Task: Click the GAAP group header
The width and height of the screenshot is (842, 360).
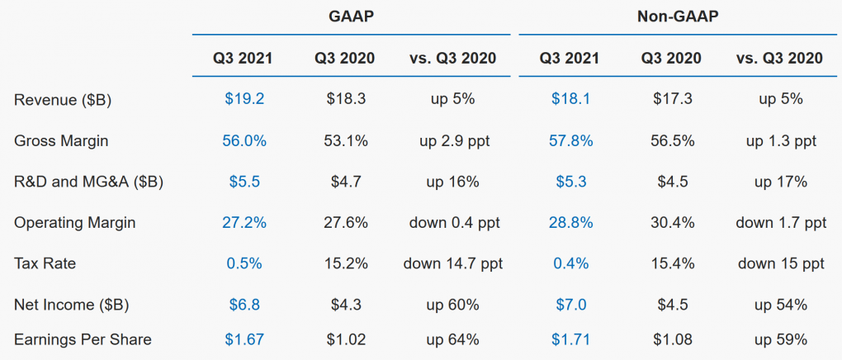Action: click(351, 17)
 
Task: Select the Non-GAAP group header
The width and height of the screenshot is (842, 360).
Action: click(678, 17)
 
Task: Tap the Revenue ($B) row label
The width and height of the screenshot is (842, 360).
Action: click(63, 100)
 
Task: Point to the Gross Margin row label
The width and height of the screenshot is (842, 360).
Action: click(61, 141)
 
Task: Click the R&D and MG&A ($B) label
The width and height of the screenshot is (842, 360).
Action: click(88, 182)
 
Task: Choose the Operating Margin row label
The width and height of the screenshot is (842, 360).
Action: click(74, 223)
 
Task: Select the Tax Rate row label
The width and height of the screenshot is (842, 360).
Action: click(45, 264)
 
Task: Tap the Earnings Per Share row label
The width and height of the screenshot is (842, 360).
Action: click(83, 339)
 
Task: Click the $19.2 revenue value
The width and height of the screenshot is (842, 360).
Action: click(244, 99)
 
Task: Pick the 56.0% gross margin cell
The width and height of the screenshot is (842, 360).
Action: click(244, 140)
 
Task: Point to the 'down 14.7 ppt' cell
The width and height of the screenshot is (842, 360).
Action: click(453, 264)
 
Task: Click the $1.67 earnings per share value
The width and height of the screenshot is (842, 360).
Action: click(244, 339)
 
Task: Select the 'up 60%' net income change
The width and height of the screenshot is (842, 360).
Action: click(453, 306)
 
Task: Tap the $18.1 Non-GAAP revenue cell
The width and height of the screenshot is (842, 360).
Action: click(570, 99)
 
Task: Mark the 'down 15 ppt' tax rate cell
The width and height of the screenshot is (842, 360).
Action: click(781, 264)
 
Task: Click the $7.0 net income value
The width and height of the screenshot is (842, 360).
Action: click(570, 306)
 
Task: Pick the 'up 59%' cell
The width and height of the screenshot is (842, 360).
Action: click(781, 339)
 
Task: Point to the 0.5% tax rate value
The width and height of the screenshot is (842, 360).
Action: click(244, 264)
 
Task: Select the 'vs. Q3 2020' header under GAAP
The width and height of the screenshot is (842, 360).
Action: click(453, 58)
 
